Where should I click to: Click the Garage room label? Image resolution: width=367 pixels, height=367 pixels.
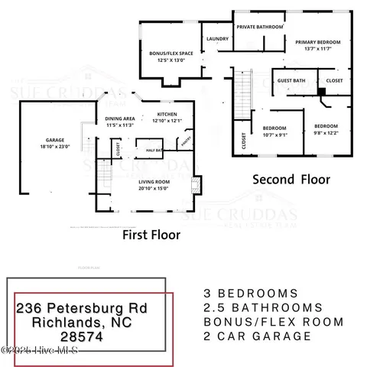[54, 144]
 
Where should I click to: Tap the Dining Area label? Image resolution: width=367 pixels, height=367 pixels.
[120, 122]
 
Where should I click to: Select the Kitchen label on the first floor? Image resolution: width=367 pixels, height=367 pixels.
[167, 117]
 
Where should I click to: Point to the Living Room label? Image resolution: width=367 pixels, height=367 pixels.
[153, 183]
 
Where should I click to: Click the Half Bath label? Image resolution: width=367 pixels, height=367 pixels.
[153, 151]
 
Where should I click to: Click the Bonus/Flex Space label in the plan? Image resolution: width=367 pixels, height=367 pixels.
[172, 57]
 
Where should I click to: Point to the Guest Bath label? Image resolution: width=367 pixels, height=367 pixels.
[291, 79]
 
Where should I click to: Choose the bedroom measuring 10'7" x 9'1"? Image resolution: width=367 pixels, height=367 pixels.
[274, 131]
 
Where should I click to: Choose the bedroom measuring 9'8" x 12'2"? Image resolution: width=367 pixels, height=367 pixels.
[326, 128]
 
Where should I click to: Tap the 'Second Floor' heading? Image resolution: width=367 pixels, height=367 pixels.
[292, 180]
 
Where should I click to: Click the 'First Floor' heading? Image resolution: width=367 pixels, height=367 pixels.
[151, 235]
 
